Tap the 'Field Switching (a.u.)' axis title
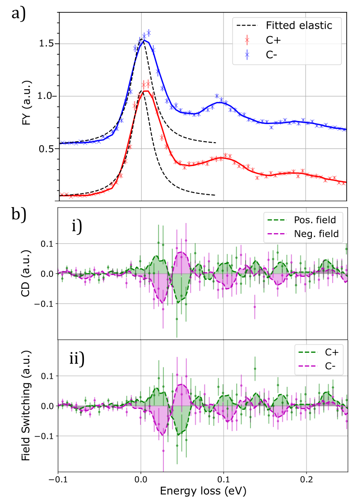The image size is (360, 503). click(28, 405)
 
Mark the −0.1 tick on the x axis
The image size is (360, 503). click(58, 479)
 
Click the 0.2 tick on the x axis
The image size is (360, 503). click(306, 479)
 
